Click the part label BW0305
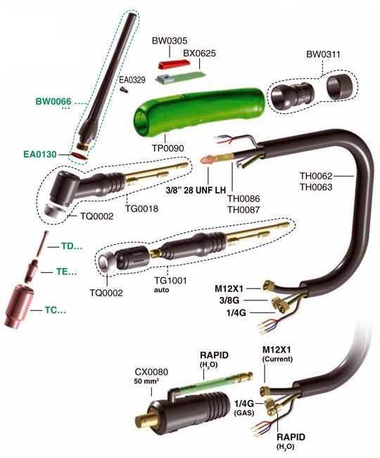(170, 41)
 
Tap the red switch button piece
(174, 64)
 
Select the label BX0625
(199, 53)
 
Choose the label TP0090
(168, 148)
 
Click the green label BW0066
(53, 101)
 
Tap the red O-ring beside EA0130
(79, 155)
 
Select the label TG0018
(141, 208)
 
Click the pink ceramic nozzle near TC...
(19, 306)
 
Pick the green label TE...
(67, 272)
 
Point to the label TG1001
(170, 281)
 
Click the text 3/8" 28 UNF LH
(196, 191)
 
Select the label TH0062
(316, 176)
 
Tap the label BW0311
(323, 54)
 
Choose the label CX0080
(151, 372)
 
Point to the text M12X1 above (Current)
(277, 350)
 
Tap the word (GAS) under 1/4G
(244, 413)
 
